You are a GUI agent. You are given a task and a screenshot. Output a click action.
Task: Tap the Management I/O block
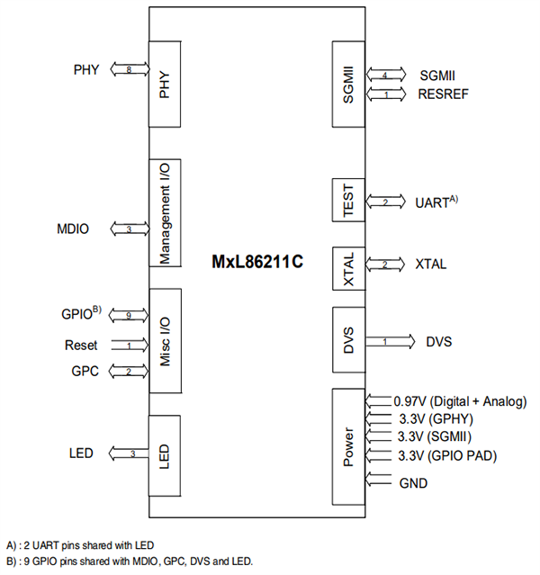(x=165, y=212)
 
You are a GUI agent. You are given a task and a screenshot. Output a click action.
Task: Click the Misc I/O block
(x=165, y=342)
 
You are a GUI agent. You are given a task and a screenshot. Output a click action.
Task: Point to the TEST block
(x=349, y=202)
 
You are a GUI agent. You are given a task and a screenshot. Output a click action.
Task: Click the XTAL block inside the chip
(x=349, y=267)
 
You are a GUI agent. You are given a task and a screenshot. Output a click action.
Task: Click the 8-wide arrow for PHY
(x=130, y=69)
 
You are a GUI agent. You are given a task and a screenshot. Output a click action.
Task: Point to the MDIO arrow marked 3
(x=130, y=229)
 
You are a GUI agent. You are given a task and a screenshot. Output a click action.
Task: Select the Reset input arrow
(x=130, y=345)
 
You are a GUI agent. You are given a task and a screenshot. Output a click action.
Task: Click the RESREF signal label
(x=443, y=93)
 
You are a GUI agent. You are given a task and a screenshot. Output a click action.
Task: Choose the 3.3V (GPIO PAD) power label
(x=445, y=454)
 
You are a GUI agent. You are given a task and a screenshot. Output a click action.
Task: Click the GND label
(x=413, y=483)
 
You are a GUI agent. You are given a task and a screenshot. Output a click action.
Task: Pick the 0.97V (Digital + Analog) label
(x=460, y=401)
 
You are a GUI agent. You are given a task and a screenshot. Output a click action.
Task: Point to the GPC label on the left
(x=84, y=370)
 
